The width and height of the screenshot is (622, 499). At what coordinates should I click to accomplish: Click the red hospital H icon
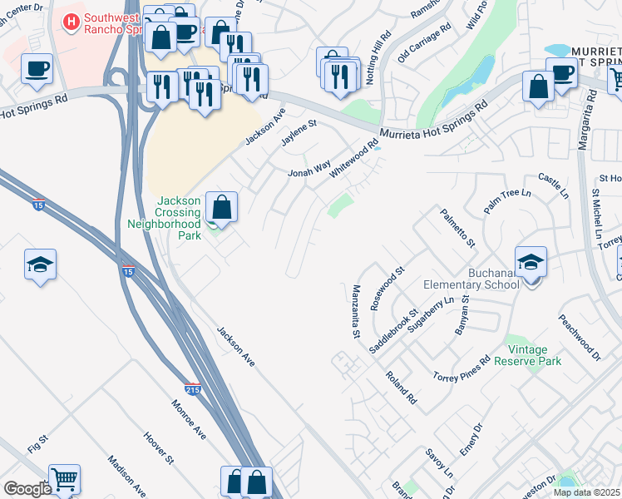(x=73, y=21)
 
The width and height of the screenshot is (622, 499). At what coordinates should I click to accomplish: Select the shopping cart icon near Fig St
(x=64, y=478)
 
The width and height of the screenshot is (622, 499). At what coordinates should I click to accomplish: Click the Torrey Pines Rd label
(x=462, y=370)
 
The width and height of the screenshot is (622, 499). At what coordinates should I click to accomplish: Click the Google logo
(x=27, y=488)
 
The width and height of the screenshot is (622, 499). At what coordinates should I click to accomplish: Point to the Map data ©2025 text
(x=586, y=492)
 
